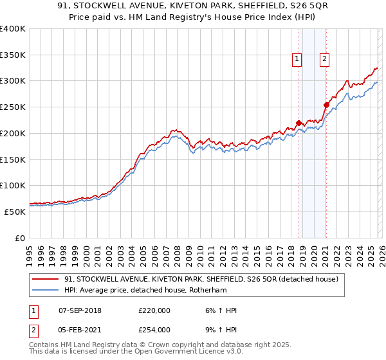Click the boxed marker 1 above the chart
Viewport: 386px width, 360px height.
click(x=297, y=59)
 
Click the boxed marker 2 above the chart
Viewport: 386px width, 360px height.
click(x=324, y=59)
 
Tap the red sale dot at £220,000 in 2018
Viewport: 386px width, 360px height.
click(x=299, y=123)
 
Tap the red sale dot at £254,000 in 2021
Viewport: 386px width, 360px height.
click(x=326, y=105)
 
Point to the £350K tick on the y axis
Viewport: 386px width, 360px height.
click(x=13, y=55)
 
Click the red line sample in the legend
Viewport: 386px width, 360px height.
click(x=46, y=280)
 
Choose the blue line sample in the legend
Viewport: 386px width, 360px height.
click(x=46, y=291)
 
